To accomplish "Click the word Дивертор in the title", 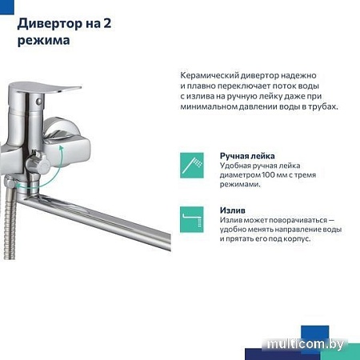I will pos(54,22).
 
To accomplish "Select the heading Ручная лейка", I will pos(247,156).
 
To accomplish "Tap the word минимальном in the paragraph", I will pos(216,106).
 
